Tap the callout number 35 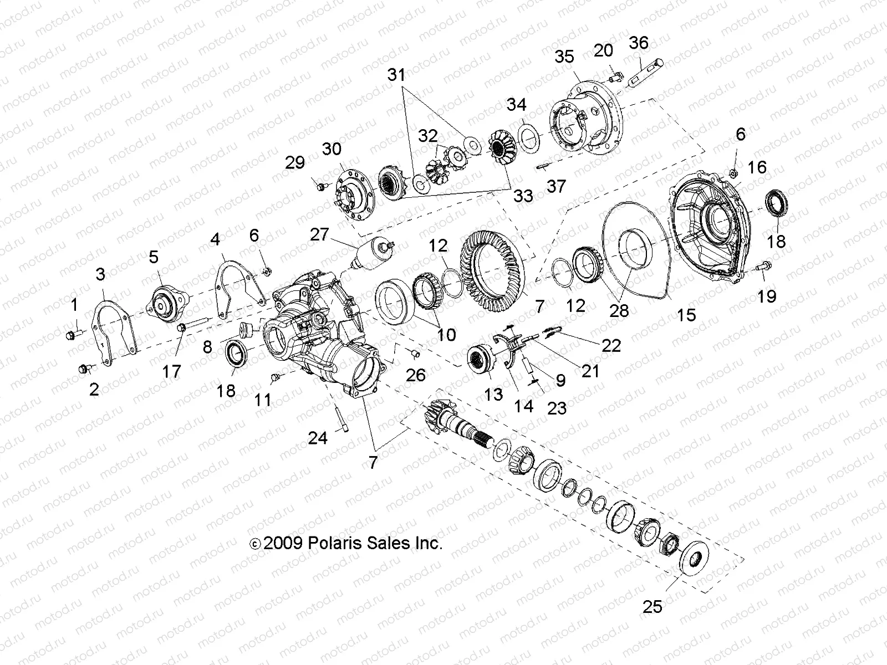(565, 57)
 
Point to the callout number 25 (652, 606)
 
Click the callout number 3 (100, 274)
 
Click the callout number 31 (396, 75)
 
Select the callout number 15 (686, 315)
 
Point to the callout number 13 (493, 393)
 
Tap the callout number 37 (556, 186)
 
